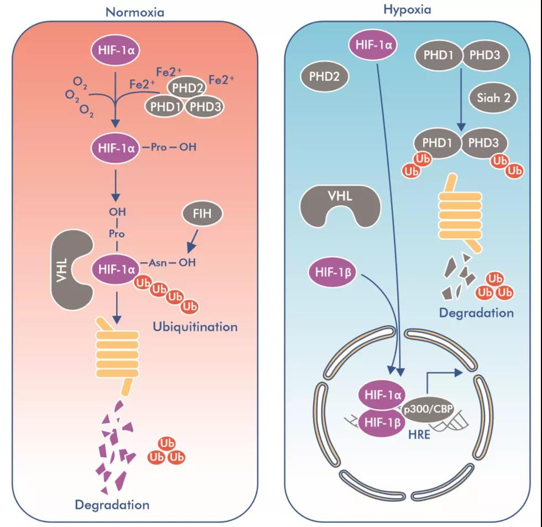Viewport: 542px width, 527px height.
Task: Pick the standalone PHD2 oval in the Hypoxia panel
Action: (x=325, y=77)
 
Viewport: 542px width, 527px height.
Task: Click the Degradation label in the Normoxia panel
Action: (x=112, y=504)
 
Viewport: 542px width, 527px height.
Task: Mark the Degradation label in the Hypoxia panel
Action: (x=476, y=313)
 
